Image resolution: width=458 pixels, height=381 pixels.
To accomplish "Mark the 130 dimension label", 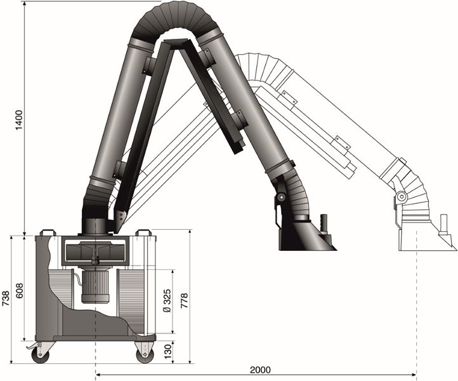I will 167,350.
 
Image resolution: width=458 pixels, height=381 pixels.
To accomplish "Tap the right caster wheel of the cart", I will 145,352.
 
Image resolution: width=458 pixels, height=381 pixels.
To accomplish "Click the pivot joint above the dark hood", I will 280,198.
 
